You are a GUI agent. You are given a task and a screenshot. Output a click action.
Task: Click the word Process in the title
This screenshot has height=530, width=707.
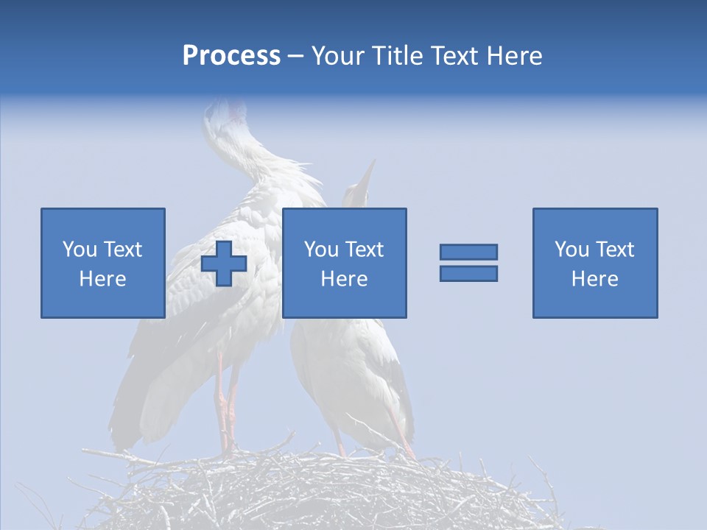[231, 56]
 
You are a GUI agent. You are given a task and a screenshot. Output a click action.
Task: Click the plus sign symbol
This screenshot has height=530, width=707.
[224, 264]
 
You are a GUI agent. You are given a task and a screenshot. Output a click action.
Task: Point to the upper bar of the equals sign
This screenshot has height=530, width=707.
[468, 252]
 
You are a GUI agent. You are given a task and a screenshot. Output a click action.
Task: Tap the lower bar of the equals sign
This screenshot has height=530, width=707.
[468, 273]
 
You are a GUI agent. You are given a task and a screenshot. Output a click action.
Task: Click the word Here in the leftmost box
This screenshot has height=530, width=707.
[103, 279]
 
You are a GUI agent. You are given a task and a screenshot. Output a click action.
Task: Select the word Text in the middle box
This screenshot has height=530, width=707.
[365, 250]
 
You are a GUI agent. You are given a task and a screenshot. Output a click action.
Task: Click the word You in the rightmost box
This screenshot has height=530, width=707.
[572, 250]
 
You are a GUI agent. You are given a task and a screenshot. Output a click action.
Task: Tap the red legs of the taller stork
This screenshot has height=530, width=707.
[225, 405]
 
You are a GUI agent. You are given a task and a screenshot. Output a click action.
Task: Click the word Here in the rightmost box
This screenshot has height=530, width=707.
[595, 279]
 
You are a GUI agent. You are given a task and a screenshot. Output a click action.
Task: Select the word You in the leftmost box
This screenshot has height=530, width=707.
[80, 250]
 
